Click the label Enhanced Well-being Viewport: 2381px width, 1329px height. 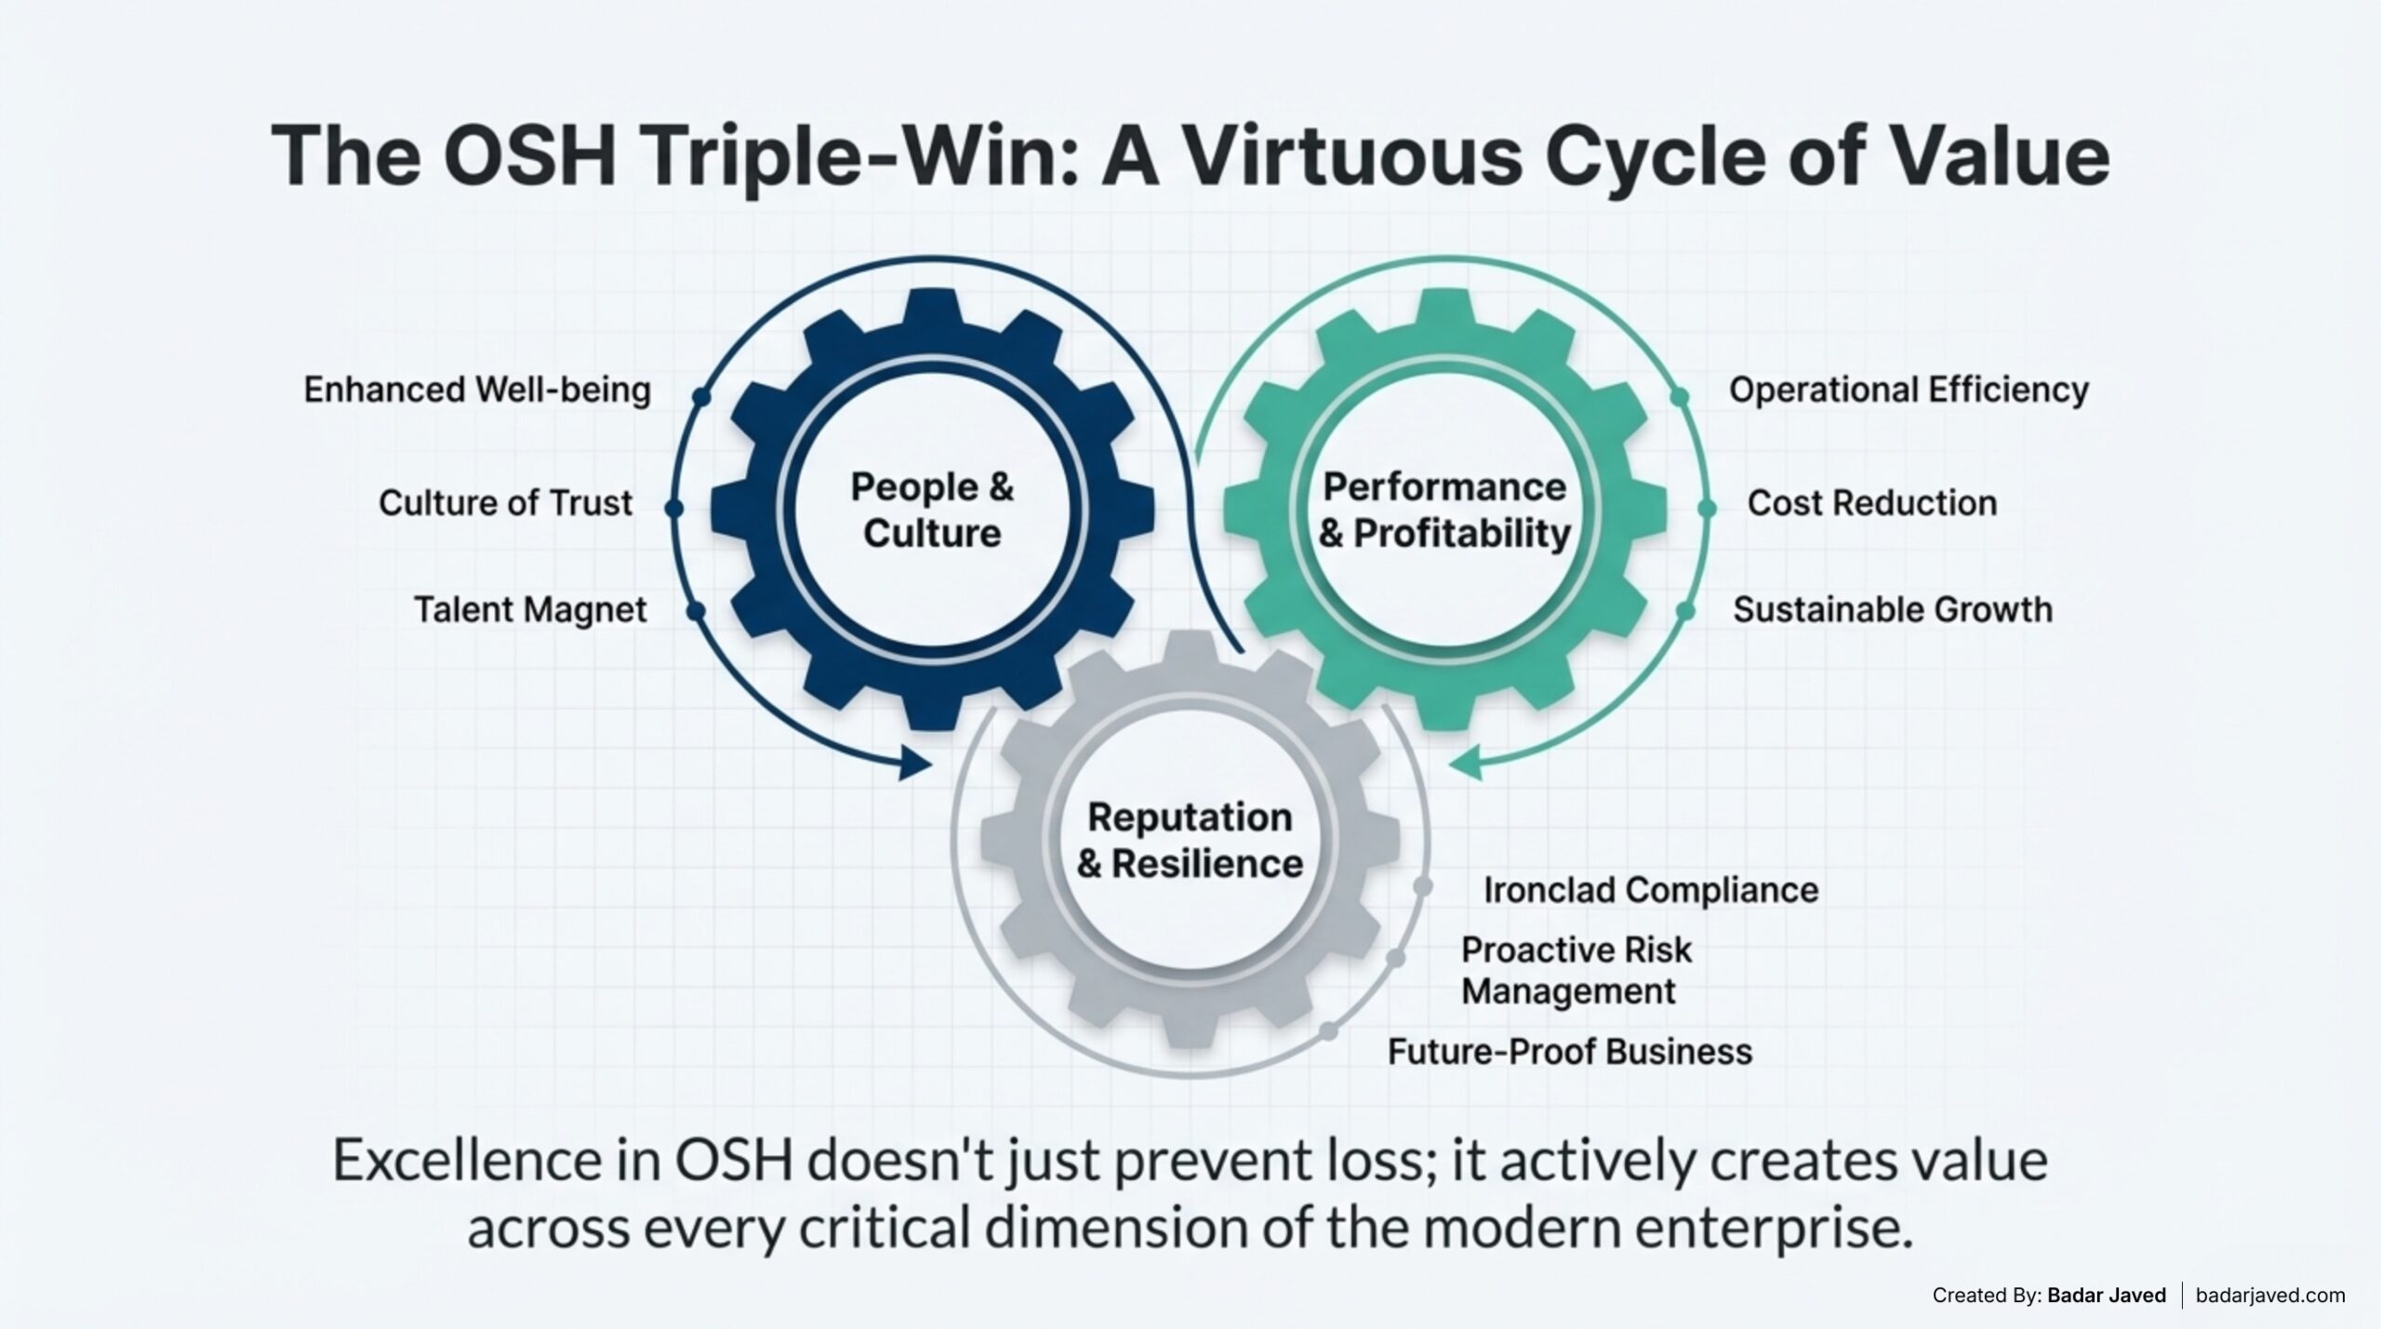[x=477, y=390]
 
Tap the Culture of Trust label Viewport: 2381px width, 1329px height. [x=505, y=503]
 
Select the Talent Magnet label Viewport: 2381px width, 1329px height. [x=530, y=610]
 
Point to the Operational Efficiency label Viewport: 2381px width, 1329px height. [x=1909, y=390]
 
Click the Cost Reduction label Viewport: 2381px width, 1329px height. [x=1871, y=503]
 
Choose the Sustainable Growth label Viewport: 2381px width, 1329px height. [x=1892, y=610]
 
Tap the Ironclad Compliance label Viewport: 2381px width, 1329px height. [x=1650, y=890]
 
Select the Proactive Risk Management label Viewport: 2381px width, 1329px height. [x=1576, y=970]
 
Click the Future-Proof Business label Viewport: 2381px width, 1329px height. [x=1570, y=1052]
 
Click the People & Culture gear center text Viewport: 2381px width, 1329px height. [x=932, y=510]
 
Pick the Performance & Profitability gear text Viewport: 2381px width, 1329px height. [x=1444, y=510]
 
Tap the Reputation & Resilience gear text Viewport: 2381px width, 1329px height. [x=1190, y=840]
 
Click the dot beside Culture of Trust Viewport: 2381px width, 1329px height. [x=674, y=508]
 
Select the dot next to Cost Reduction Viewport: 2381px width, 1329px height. [x=1706, y=508]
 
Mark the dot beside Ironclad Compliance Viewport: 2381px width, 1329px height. [x=1421, y=887]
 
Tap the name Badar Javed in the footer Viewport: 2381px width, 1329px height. [x=2106, y=1295]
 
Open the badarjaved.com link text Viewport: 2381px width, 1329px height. [x=2270, y=1295]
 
